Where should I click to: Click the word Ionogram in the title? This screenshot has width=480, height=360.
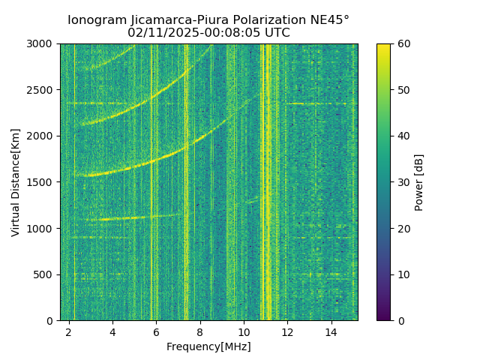click(x=97, y=20)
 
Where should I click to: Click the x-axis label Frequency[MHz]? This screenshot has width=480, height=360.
click(x=208, y=346)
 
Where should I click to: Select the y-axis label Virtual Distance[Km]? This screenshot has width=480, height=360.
click(x=16, y=182)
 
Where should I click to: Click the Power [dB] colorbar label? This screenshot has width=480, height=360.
click(x=419, y=182)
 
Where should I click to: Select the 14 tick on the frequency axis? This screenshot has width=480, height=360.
click(x=331, y=331)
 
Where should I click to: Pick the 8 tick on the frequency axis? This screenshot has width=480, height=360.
click(x=200, y=331)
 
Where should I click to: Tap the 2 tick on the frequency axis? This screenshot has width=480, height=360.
click(x=69, y=331)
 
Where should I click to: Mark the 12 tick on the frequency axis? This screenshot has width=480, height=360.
click(x=287, y=331)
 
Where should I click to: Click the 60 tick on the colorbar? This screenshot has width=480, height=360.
click(x=403, y=44)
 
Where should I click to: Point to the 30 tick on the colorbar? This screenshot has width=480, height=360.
click(x=403, y=182)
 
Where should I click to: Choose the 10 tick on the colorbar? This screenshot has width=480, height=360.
click(x=403, y=274)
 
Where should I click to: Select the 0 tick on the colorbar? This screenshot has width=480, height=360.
click(x=400, y=320)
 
